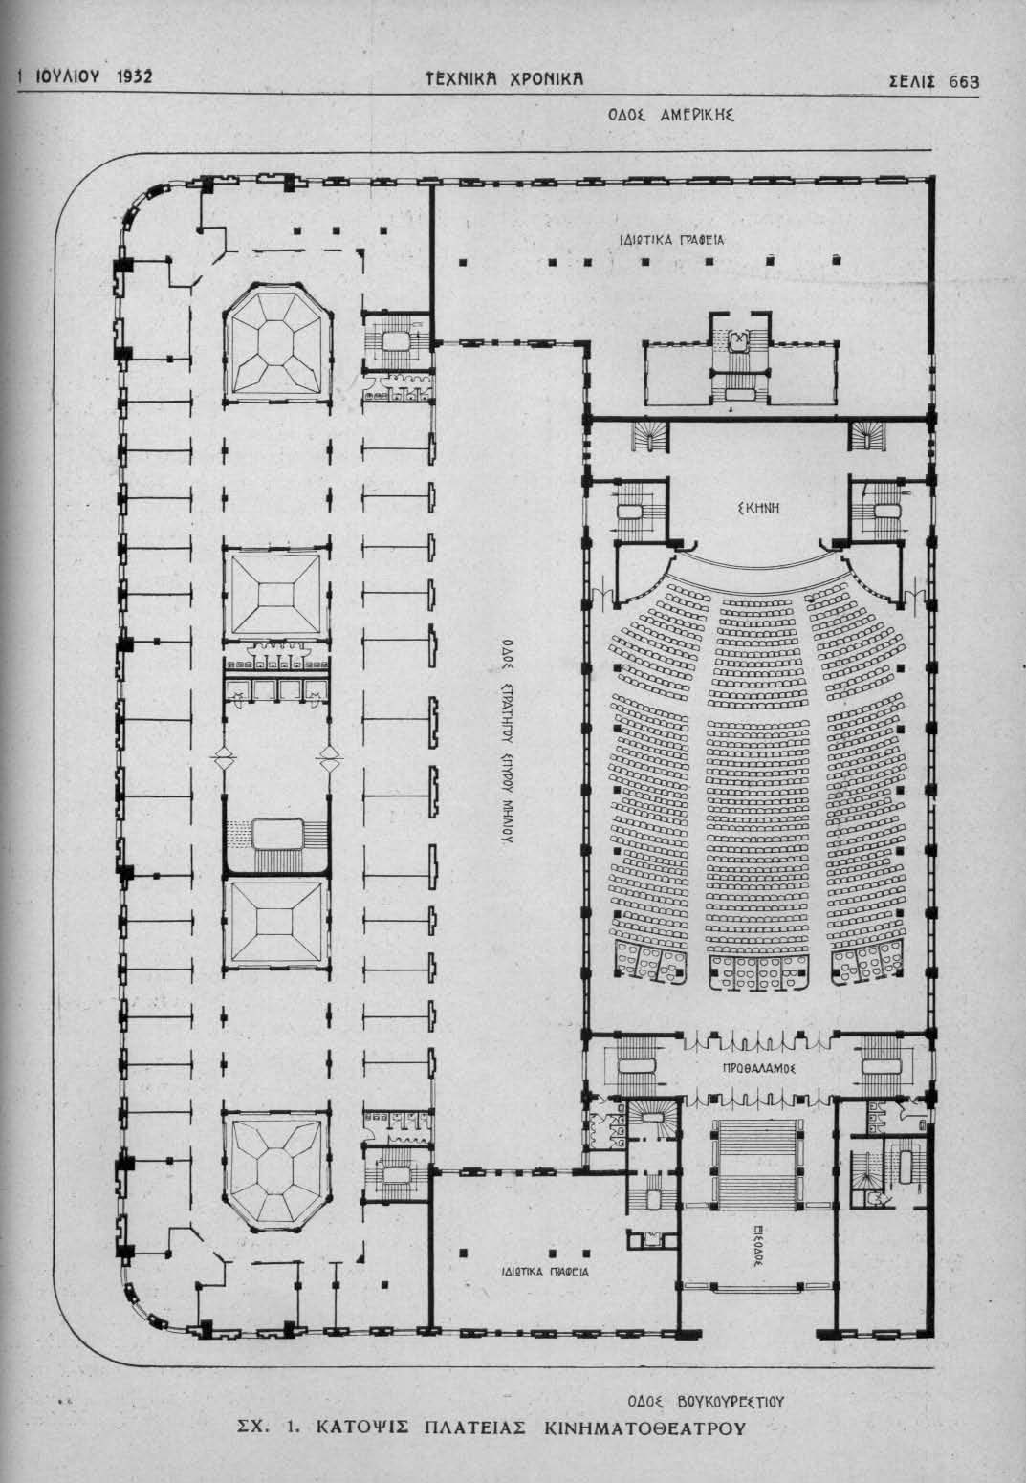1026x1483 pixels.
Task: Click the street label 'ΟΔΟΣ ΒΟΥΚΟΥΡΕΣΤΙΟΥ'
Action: pos(706,1402)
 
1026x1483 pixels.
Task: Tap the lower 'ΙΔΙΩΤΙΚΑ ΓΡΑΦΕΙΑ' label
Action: pos(545,1272)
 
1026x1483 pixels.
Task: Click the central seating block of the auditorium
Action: pos(760,765)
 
